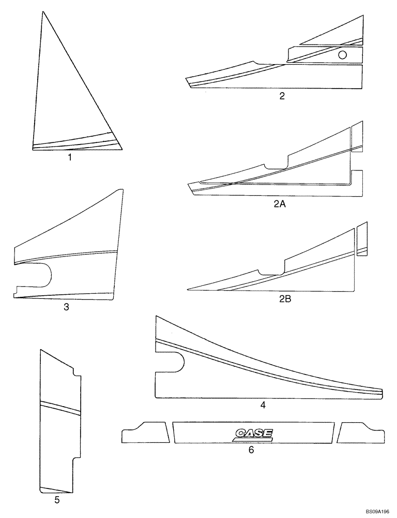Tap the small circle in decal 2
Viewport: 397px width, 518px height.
pyautogui.click(x=342, y=55)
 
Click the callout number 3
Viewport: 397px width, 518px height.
pyautogui.click(x=66, y=307)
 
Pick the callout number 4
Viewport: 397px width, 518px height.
pyautogui.click(x=263, y=405)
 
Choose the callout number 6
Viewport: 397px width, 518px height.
pyautogui.click(x=251, y=450)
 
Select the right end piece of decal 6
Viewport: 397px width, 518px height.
pyautogui.click(x=361, y=433)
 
